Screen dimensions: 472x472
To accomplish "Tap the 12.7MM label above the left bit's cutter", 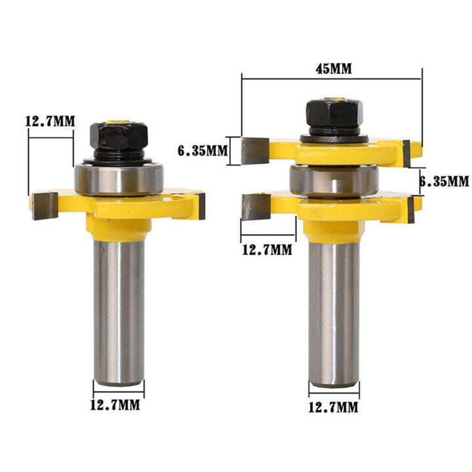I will [x=50, y=121].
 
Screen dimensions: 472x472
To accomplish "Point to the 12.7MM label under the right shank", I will [x=334, y=408].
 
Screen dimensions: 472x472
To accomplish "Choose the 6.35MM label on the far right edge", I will [x=444, y=180].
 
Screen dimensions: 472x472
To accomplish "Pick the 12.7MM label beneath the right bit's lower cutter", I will [x=267, y=249].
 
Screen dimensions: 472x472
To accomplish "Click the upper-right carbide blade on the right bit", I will [x=406, y=153].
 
